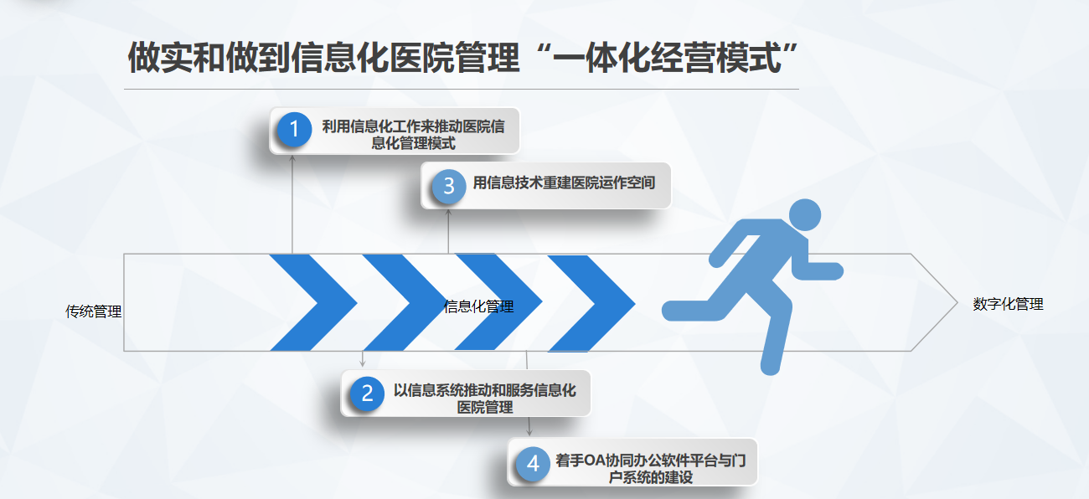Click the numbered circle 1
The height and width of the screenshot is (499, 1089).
coord(294,129)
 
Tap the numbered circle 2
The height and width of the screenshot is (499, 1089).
coord(367,393)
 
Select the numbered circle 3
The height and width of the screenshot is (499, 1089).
coord(448,186)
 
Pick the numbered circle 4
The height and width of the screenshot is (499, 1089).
coord(533,464)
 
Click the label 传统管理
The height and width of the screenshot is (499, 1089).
coord(93,311)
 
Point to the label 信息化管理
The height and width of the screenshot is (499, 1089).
coord(478,306)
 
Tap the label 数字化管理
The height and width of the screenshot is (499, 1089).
coord(1008,304)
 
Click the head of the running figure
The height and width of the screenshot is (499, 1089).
coord(804,215)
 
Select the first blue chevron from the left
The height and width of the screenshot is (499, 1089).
coord(313,302)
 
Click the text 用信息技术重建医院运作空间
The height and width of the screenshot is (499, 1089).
coord(564,183)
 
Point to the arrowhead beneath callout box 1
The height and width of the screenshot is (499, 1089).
coord(292,158)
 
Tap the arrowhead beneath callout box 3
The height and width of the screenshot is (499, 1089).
coord(448,213)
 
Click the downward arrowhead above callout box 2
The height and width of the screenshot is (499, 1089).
coord(362,363)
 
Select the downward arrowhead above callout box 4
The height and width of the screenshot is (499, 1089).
coord(529,432)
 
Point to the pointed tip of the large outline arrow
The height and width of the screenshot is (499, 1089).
coord(957,302)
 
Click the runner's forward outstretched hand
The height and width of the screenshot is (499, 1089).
coord(833,271)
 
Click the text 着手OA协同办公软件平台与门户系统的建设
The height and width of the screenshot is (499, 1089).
coord(651,468)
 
